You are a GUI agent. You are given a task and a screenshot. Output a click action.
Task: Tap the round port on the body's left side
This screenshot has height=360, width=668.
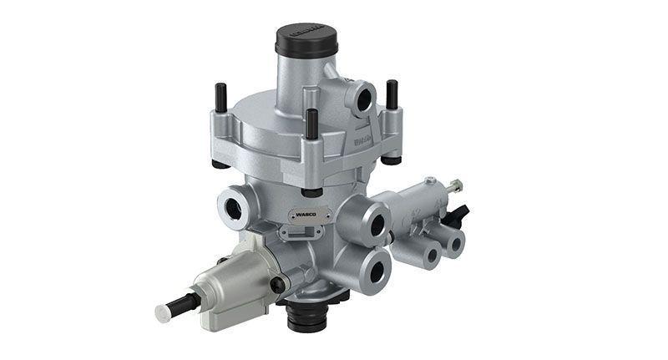[230, 204]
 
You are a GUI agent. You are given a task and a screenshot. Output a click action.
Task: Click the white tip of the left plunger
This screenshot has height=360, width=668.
[163, 313]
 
